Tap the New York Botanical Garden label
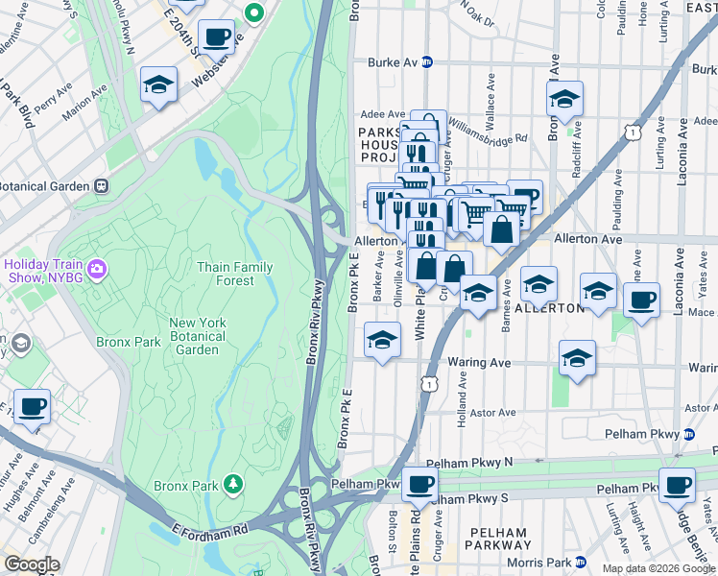(x=200, y=336)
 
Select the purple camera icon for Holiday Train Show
(x=97, y=270)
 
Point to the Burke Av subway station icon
(x=427, y=62)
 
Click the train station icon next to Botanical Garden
(x=100, y=185)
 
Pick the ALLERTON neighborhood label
(x=549, y=308)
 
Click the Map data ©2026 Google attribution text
(x=658, y=568)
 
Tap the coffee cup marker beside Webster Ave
(x=216, y=38)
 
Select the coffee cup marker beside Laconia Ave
(x=640, y=300)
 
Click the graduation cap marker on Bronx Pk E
(x=382, y=340)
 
